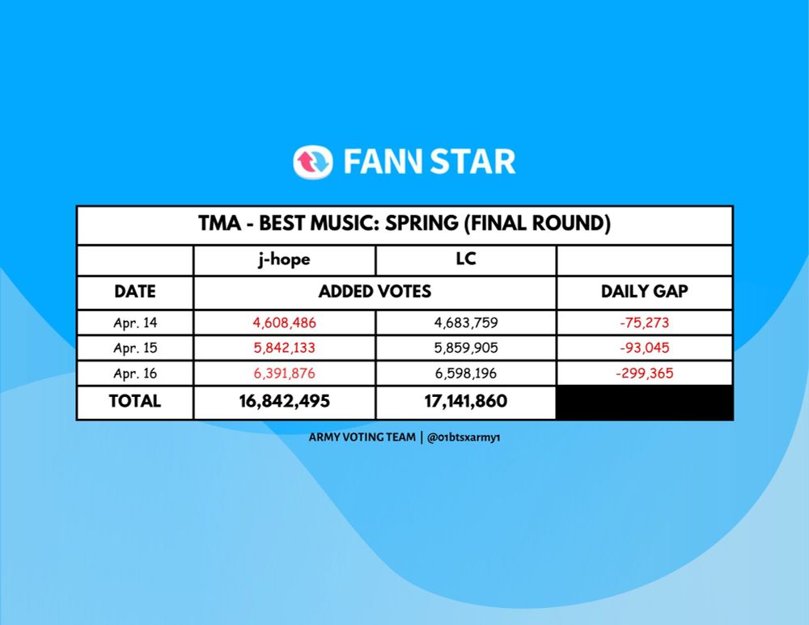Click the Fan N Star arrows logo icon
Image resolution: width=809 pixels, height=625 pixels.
[313, 162]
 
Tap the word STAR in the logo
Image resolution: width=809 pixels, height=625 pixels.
[472, 162]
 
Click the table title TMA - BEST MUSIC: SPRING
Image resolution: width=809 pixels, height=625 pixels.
[328, 223]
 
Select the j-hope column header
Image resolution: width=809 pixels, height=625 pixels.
[284, 259]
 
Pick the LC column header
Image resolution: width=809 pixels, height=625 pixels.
[466, 259]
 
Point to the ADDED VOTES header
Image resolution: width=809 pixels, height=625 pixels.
[375, 291]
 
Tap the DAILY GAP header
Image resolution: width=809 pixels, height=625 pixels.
[645, 291]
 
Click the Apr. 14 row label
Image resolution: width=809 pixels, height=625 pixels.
[135, 323]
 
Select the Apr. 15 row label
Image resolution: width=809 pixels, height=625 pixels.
[135, 348]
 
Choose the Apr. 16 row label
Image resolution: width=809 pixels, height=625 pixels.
[135, 374]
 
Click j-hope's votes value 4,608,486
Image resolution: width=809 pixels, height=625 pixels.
[284, 323]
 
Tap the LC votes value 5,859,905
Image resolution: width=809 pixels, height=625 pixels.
[466, 348]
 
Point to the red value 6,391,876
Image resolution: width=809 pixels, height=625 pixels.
[284, 374]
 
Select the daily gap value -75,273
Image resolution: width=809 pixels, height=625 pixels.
[645, 323]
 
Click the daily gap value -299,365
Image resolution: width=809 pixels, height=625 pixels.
[645, 374]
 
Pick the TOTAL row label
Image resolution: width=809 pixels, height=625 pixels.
[134, 401]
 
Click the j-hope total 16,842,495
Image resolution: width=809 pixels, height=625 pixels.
[284, 401]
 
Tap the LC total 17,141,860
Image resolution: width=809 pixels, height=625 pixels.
[466, 401]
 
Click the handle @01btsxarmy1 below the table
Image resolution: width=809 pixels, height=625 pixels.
[464, 437]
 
